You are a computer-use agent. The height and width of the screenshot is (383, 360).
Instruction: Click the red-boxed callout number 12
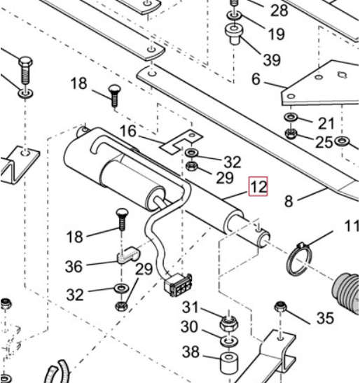(258, 187)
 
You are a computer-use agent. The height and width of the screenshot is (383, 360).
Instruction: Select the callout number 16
(128, 131)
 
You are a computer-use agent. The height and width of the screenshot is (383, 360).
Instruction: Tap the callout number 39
(272, 60)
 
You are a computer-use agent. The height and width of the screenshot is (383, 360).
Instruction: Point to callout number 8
(289, 201)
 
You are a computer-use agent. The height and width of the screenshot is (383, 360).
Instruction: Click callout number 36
(74, 266)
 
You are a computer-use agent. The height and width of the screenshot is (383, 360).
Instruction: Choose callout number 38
(191, 352)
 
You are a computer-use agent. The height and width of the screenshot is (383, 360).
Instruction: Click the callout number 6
(256, 79)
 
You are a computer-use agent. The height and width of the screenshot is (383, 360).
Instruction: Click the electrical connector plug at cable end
(178, 285)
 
